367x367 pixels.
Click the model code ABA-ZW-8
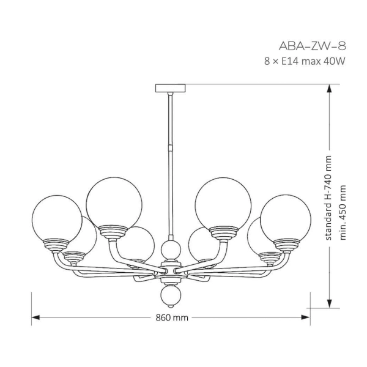(312, 46)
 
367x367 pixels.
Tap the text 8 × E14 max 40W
(305, 61)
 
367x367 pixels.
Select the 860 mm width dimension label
(172, 317)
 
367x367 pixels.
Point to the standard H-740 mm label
(328, 198)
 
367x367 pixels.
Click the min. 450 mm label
(343, 212)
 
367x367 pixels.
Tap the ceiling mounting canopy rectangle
(171, 88)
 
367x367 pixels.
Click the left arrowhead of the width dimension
(35, 317)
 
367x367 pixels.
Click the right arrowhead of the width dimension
(306, 317)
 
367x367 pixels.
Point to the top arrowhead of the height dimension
(329, 89)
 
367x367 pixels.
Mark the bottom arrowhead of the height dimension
(329, 304)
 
